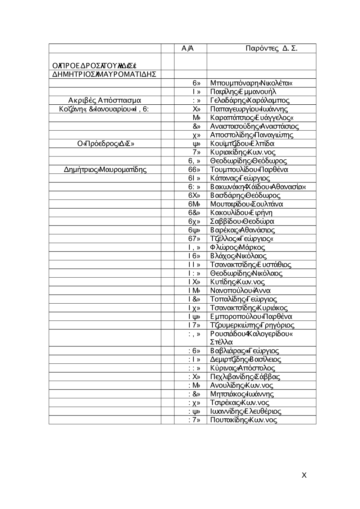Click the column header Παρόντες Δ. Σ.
tap(271, 49)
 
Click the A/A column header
tap(188, 49)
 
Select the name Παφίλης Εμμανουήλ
tap(243, 92)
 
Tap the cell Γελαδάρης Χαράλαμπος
tap(249, 100)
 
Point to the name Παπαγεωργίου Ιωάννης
tap(249, 109)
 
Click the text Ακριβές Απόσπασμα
tap(104, 100)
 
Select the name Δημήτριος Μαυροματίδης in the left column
tap(105, 169)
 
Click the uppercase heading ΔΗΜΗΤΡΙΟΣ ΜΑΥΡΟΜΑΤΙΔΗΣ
tap(104, 74)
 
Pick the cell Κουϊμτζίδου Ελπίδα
tap(242, 144)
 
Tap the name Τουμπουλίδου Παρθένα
tap(249, 169)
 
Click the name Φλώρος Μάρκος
tap(238, 247)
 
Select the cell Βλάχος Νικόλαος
tap(238, 256)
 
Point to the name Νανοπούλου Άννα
tap(240, 290)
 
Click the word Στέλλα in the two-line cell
tap(221, 342)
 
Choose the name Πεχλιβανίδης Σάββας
tap(245, 377)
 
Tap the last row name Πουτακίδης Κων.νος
tap(243, 420)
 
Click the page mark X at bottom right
tap(304, 475)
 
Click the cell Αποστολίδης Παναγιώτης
tap(252, 135)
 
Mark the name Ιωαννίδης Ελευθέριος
tap(246, 411)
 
